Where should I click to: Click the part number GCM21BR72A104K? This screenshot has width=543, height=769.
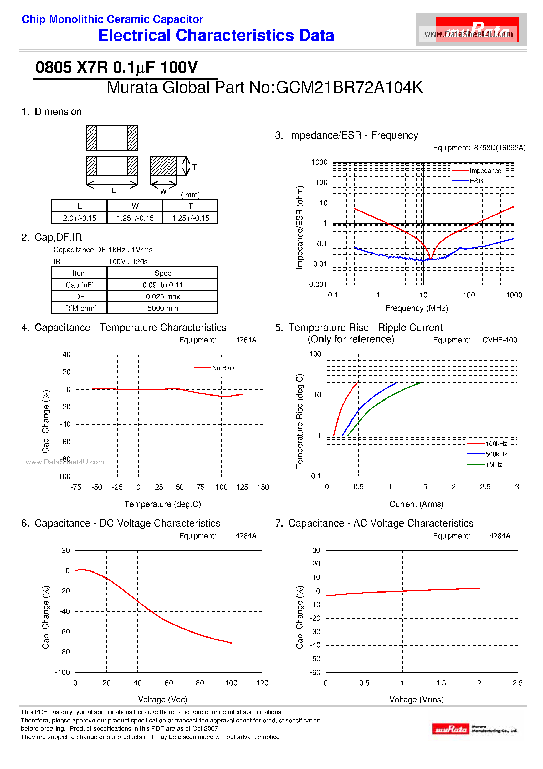click(349, 87)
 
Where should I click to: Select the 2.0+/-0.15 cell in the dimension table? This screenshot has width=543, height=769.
click(79, 218)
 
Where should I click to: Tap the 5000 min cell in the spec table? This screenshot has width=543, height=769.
click(162, 308)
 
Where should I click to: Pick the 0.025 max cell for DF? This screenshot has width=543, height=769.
click(162, 296)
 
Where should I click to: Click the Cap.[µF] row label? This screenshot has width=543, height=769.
click(79, 285)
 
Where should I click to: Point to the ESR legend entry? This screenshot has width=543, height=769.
click(476, 181)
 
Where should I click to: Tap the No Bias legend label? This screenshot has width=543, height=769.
click(223, 368)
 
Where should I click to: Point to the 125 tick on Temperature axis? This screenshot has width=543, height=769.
click(242, 487)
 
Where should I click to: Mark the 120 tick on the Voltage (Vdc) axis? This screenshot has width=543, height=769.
click(262, 683)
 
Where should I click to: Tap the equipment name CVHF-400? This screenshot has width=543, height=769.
click(499, 340)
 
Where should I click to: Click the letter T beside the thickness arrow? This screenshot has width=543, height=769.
click(194, 167)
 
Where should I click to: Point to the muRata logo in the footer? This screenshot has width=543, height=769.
click(450, 729)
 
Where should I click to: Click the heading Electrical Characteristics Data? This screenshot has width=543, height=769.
click(216, 35)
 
